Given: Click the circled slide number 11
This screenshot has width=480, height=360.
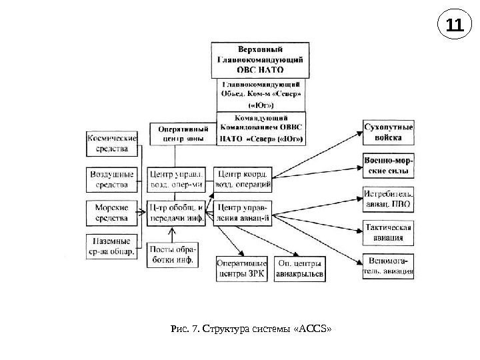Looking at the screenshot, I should click(x=454, y=26).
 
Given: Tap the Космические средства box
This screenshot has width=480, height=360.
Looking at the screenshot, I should click(x=112, y=144).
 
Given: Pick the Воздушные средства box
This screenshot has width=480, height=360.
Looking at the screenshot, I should click(x=112, y=178).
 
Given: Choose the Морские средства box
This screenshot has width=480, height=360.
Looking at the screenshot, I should click(x=112, y=212).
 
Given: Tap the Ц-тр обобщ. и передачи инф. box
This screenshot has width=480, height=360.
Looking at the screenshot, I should click(x=176, y=211).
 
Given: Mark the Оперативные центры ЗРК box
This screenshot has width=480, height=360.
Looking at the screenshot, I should click(x=241, y=268).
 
